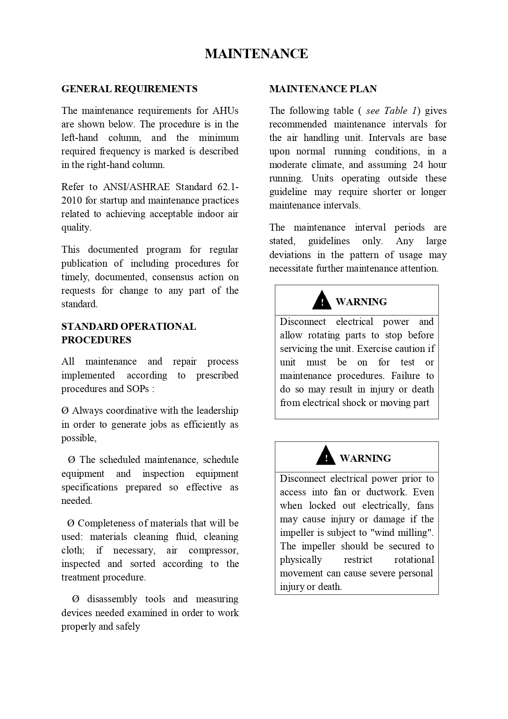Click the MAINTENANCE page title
coord(256,54)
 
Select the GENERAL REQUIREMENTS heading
coord(129,89)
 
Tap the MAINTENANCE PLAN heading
coord(323,89)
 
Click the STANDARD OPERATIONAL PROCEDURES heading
coord(129,333)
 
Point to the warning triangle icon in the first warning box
coord(322,300)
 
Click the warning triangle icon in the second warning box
coord(326,456)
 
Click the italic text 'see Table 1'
coord(391,111)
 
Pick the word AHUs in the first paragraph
coord(225,111)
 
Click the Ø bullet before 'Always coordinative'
coord(65,411)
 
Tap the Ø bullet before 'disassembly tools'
coord(75,599)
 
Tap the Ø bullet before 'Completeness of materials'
coord(70,524)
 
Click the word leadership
coord(217,411)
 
